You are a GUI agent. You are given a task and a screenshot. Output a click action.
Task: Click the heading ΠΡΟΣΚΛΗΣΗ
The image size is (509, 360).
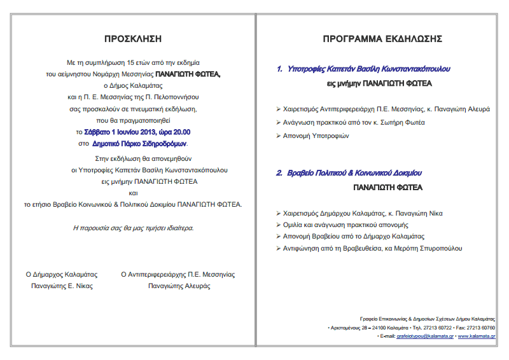(x=134, y=38)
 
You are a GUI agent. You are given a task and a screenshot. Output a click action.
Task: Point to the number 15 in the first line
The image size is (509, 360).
(x=131, y=63)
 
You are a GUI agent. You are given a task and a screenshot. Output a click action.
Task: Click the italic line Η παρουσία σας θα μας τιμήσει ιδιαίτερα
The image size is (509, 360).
(x=134, y=227)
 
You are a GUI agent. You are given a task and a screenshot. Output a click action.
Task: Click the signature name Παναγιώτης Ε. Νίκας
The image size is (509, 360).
(x=62, y=286)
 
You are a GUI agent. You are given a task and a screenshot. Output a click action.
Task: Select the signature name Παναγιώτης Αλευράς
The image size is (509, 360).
(x=179, y=286)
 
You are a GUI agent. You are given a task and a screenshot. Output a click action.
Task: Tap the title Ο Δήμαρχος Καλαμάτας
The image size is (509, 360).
(x=62, y=275)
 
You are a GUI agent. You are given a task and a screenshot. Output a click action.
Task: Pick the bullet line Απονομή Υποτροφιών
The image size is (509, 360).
(x=317, y=136)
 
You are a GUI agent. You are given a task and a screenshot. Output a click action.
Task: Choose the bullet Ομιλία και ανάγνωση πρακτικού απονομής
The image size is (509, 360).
(x=345, y=225)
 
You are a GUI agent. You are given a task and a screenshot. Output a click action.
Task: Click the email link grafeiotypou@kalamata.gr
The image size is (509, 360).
(x=424, y=335)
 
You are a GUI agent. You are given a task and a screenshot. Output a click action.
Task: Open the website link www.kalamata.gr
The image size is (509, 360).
(x=477, y=335)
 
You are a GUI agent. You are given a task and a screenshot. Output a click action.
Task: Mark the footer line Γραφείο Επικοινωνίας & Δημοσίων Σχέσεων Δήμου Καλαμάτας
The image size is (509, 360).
(x=427, y=318)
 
